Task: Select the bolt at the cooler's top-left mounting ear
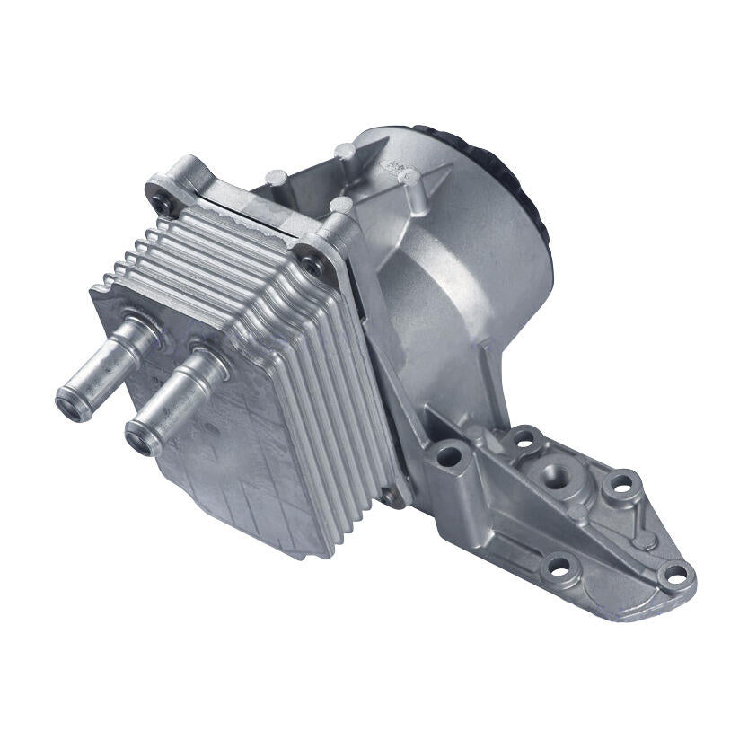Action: click(x=165, y=207)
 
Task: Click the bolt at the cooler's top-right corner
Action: click(x=312, y=263)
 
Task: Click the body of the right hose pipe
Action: click(x=180, y=395)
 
